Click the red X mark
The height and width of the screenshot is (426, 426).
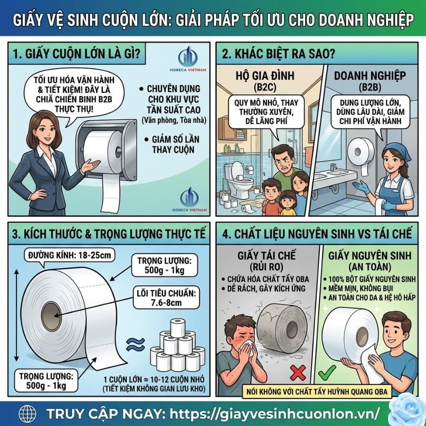[298, 373]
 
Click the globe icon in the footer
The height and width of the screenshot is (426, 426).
[27, 414]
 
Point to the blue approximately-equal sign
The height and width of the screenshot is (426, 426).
[135, 345]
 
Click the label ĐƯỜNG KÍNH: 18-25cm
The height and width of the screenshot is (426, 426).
[70, 255]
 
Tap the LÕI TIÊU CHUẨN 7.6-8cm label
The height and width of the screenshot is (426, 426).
[166, 298]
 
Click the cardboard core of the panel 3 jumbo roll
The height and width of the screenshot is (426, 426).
[51, 316]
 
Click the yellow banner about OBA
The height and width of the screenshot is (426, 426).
[317, 391]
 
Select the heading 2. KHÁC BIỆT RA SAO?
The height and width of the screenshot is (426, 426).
[278, 54]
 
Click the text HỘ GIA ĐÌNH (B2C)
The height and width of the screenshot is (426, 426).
[265, 81]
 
